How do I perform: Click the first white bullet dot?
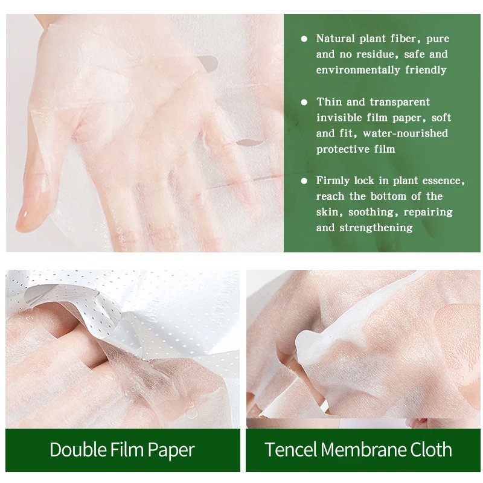pos(304,39)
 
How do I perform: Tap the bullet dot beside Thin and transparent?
pos(304,102)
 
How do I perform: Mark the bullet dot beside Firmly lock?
pos(304,181)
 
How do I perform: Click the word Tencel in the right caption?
pos(290,450)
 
